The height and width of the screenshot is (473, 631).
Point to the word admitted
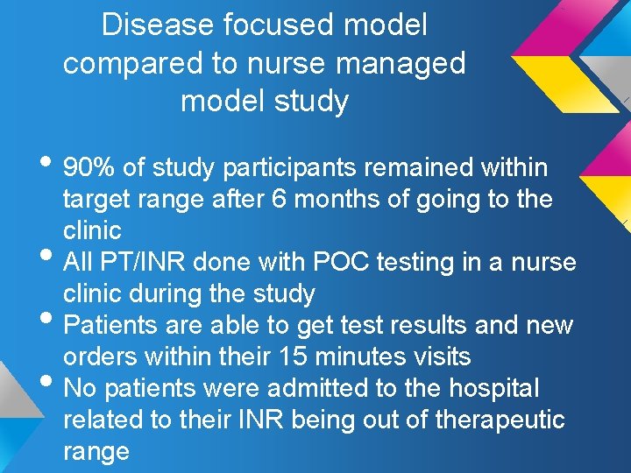tap(315, 388)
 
